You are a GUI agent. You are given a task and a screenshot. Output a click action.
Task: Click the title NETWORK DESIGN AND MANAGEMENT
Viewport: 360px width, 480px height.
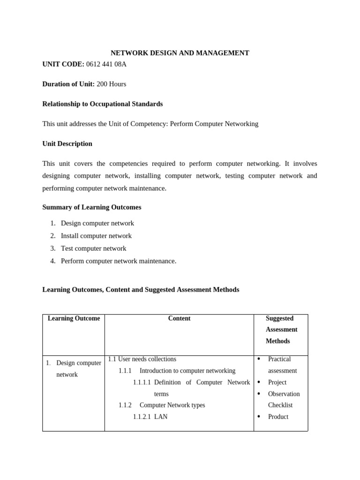(180, 53)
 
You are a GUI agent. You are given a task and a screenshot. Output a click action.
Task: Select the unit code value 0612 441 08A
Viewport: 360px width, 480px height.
(106, 64)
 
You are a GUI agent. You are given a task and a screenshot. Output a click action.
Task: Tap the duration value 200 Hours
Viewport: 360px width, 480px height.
(111, 84)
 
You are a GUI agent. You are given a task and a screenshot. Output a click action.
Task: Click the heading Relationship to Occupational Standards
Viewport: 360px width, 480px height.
(103, 104)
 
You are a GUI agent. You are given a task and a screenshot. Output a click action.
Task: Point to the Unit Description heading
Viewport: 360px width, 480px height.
(67, 143)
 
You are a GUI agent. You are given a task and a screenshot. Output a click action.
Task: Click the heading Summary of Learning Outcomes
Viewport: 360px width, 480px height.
(91, 207)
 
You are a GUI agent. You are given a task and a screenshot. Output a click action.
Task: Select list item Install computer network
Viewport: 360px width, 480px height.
(96, 236)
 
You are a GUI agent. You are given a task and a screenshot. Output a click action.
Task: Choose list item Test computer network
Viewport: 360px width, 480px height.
(93, 248)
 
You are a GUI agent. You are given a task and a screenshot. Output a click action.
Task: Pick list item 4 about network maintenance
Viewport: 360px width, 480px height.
(118, 261)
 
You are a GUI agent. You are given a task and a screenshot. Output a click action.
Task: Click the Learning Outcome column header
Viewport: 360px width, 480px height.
(74, 318)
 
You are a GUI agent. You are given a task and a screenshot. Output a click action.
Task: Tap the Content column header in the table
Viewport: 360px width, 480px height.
(179, 318)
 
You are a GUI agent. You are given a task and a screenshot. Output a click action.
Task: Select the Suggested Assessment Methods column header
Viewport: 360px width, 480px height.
(281, 330)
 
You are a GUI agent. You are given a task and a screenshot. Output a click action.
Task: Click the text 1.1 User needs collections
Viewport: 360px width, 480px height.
(142, 359)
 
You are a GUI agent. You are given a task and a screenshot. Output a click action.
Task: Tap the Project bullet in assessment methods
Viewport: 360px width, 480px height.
(277, 382)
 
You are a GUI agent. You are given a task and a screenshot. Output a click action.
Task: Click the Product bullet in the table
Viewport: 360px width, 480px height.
(278, 417)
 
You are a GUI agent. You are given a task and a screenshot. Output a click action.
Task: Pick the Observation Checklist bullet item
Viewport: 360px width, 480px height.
(283, 399)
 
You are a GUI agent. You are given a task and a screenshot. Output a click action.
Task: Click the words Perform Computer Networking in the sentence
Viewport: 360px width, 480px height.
(214, 124)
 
